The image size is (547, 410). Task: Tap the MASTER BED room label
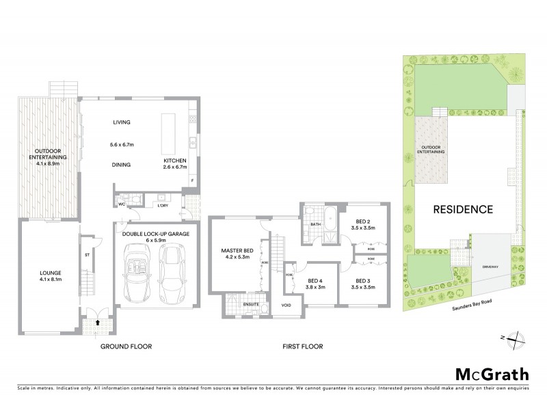237,251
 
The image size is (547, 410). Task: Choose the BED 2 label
364,221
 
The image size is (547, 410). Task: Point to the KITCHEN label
175,161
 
